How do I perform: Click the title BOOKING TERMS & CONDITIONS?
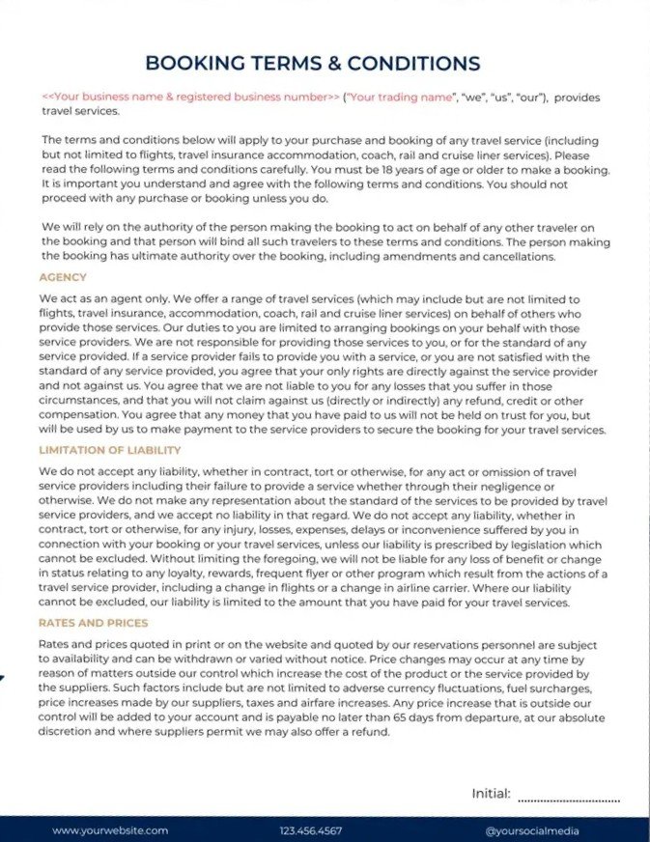point(312,64)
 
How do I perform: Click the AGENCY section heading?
point(64,277)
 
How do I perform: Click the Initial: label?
point(491,794)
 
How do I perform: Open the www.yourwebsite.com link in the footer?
point(110,829)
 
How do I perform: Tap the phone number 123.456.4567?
point(310,829)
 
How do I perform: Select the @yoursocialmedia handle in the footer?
point(530,829)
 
